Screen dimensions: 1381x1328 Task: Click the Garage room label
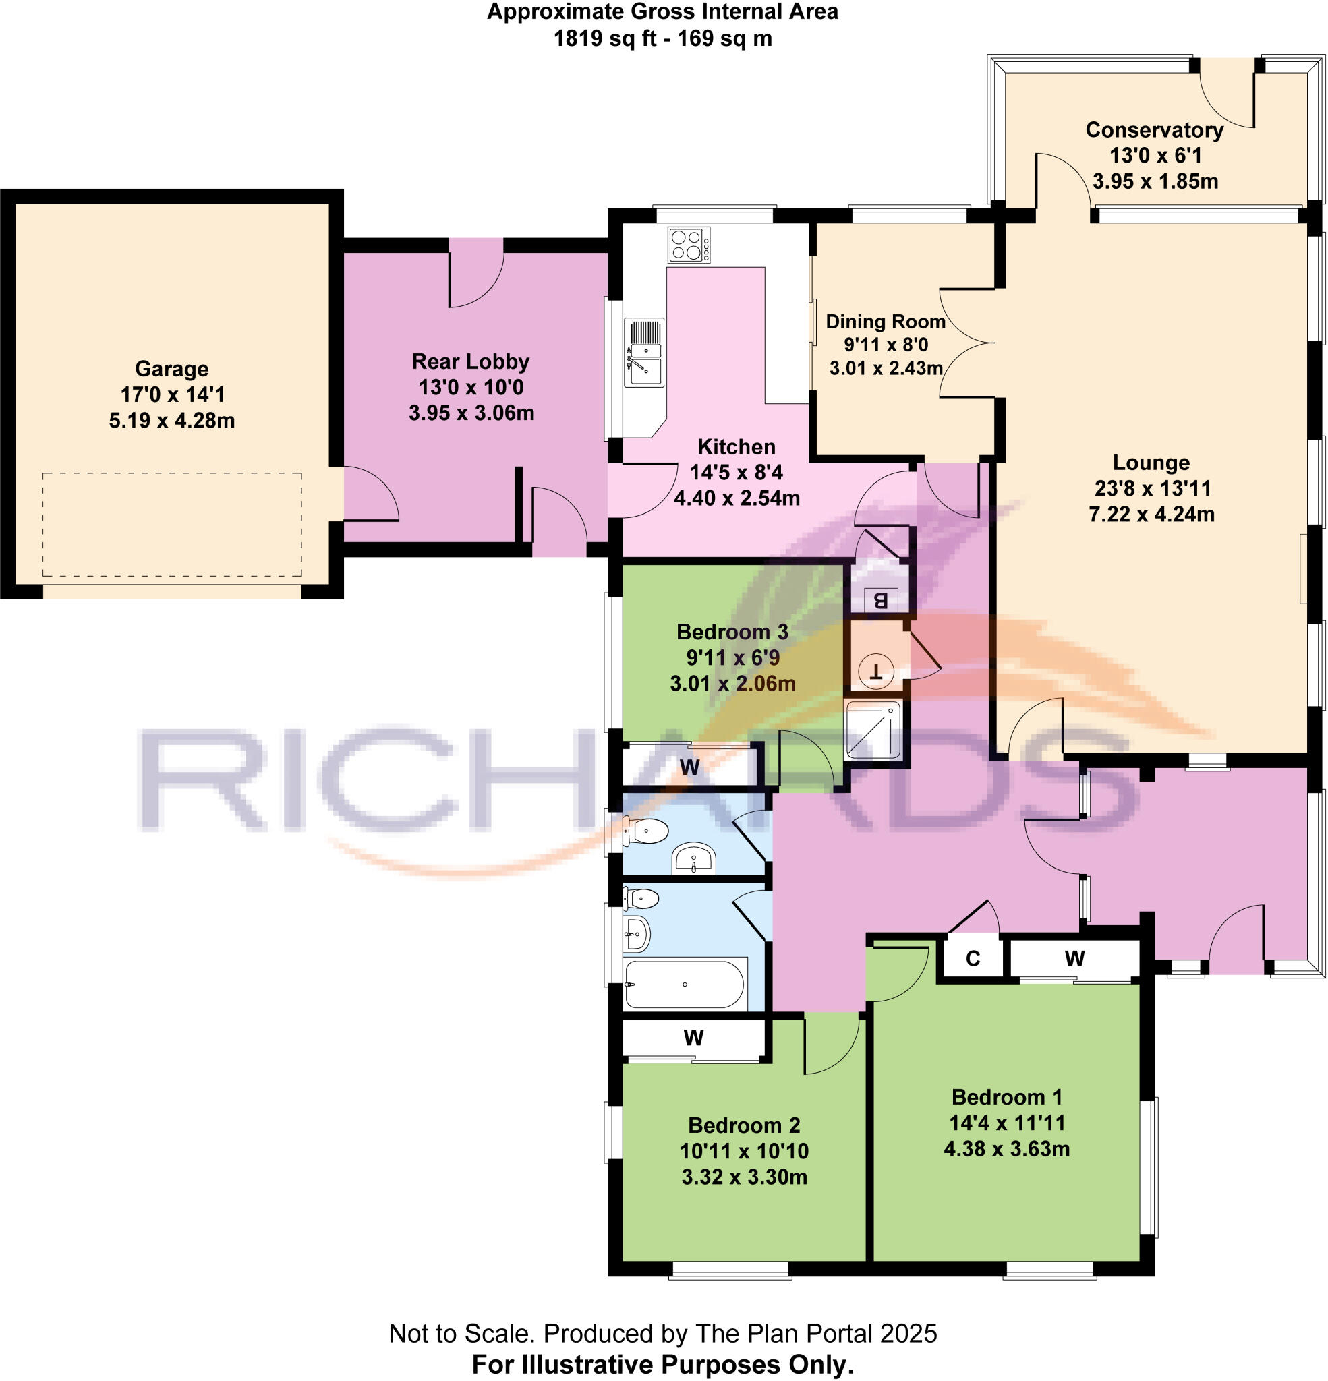tap(171, 368)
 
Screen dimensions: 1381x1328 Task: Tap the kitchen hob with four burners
tap(689, 245)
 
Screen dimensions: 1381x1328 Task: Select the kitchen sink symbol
tap(644, 352)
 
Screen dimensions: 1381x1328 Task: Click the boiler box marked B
tap(879, 600)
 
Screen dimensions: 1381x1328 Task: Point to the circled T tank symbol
tap(877, 670)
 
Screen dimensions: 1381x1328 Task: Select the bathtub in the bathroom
tap(685, 984)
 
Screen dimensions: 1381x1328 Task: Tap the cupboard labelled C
tap(972, 958)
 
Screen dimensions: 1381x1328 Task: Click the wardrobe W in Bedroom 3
tap(689, 766)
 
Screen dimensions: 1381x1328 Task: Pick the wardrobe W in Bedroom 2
tap(693, 1037)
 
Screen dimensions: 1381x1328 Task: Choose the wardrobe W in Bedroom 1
tap(1074, 958)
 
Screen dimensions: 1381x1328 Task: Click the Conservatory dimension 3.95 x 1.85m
tap(1155, 181)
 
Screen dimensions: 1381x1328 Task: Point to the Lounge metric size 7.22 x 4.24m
tap(1151, 515)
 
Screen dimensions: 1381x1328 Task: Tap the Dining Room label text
tap(886, 321)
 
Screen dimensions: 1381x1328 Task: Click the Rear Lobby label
tap(470, 361)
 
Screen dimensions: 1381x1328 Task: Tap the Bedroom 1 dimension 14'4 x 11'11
tap(1006, 1123)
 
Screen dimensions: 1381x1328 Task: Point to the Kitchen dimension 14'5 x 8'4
tap(736, 472)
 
